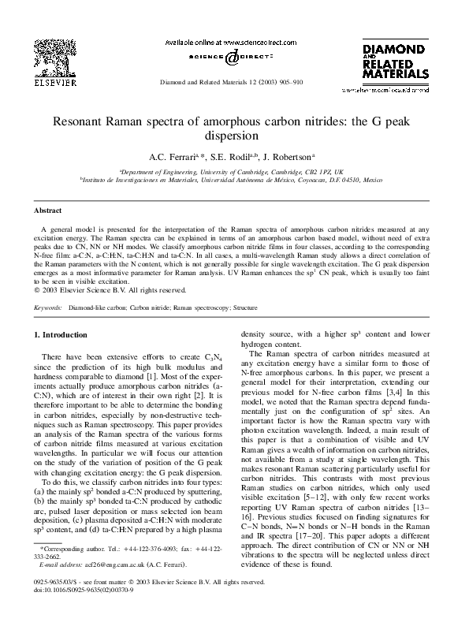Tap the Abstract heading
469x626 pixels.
[49, 211]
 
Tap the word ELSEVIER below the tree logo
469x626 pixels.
[51, 80]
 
